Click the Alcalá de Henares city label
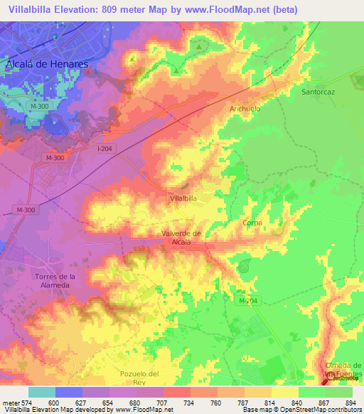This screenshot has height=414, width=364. pos(46,63)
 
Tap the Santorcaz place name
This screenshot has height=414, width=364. pos(318,92)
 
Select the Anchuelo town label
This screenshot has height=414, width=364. pos(245,109)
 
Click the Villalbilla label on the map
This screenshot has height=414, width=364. pos(183,199)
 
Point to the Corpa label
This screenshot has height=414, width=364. pos(252,223)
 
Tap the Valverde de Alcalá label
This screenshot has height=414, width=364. pos(182,238)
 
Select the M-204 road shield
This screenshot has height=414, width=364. pos(246,301)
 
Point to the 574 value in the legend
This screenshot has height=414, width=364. pos(26,402)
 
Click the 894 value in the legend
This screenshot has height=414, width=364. pos(351,402)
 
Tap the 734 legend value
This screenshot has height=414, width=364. pos(188,402)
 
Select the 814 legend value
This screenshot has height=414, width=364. pos(269,402)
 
